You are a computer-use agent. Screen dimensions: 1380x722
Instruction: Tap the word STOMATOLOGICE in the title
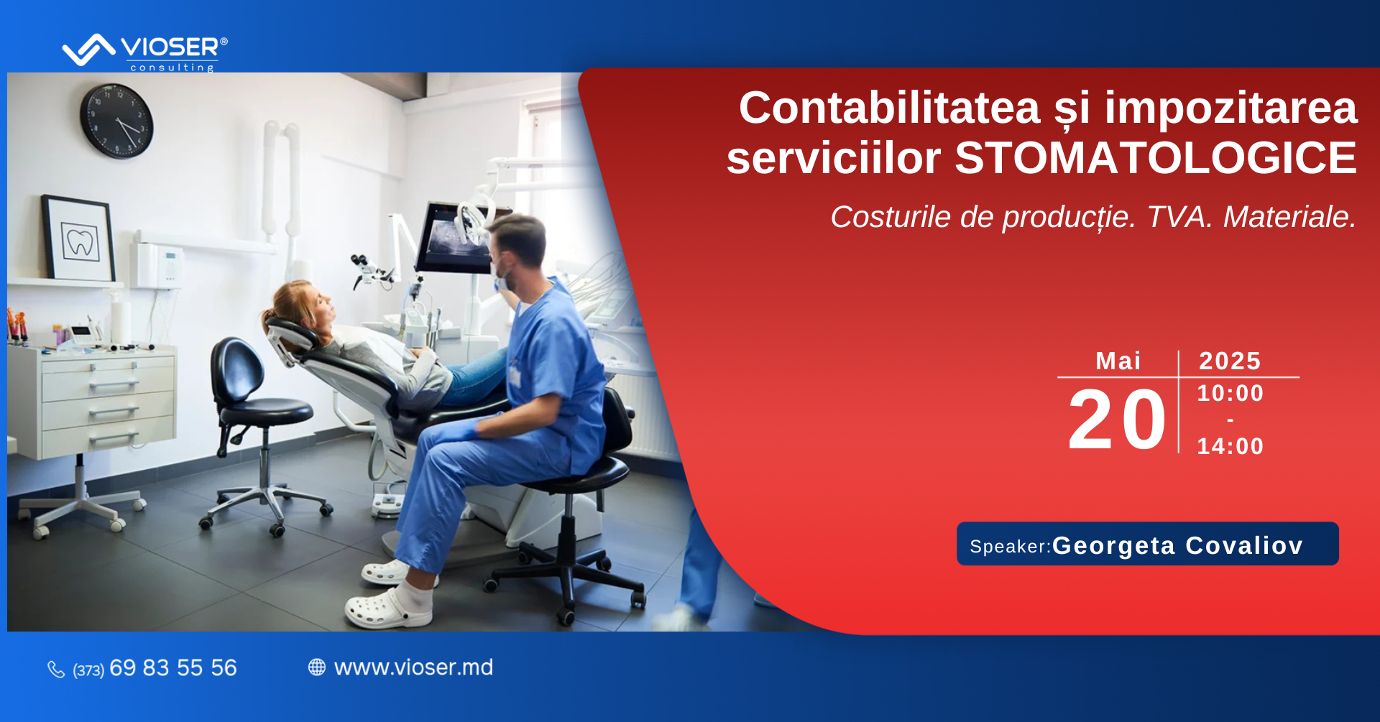(1156, 158)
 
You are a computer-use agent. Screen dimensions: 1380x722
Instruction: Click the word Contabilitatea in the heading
(890, 108)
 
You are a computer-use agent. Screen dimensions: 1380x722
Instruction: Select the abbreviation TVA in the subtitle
(1179, 217)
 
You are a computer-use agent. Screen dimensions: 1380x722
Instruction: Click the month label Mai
(1118, 361)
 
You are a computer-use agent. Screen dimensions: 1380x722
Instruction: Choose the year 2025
(1230, 361)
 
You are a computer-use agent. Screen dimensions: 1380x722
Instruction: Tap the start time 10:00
(1230, 393)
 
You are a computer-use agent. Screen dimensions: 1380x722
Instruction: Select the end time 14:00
(1230, 446)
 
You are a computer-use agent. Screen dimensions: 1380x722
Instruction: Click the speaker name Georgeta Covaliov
(1177, 545)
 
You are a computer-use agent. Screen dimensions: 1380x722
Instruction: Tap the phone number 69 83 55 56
(173, 668)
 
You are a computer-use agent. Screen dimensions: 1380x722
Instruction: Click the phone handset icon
(56, 670)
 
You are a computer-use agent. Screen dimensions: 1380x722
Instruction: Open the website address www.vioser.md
(413, 667)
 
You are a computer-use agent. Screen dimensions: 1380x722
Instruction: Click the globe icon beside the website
(317, 667)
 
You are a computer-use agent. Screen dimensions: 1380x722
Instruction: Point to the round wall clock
(116, 121)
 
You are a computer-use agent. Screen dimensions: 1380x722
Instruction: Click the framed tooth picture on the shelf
(79, 238)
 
